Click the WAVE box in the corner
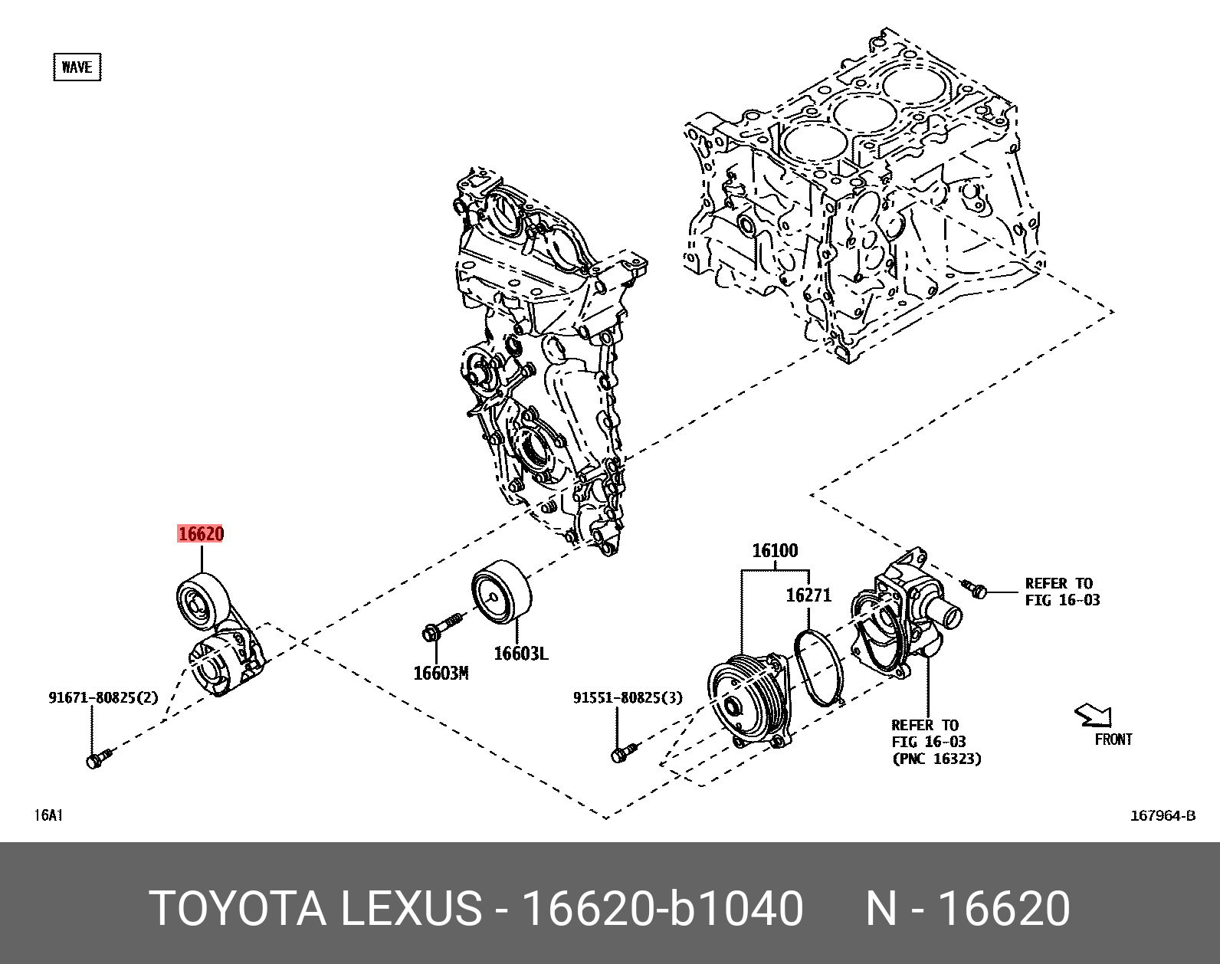(77, 67)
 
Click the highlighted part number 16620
(200, 533)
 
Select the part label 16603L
(521, 653)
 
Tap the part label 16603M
(441, 673)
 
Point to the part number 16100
(775, 550)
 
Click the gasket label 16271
(808, 595)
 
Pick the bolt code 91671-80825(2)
(103, 698)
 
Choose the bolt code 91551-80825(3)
(628, 698)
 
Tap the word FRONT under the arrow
(1113, 739)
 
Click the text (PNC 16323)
(936, 759)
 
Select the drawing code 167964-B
(1163, 815)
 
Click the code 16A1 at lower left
(48, 815)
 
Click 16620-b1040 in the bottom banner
(662, 910)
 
